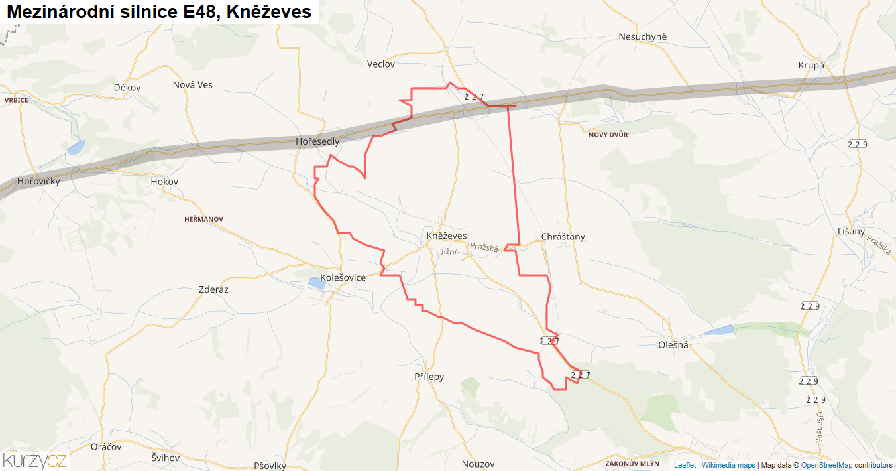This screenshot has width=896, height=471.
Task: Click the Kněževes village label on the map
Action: coord(447,235)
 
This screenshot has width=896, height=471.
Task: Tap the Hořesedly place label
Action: coord(317,141)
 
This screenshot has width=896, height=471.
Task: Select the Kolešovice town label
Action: coord(343,277)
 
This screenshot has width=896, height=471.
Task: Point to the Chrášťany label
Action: coord(563,237)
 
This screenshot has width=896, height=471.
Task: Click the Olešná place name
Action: coord(674,345)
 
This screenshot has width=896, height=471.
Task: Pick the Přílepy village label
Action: coord(429,377)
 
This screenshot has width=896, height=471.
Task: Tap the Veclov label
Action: coord(381,64)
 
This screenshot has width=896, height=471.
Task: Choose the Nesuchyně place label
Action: coord(642,36)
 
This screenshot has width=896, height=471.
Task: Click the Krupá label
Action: coord(811,65)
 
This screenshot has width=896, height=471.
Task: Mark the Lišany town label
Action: coord(852,231)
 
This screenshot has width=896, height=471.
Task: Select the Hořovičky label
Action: coord(38,181)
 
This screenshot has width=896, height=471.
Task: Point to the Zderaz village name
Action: coord(213,289)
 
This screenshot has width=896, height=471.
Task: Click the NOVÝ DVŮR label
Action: coord(608,135)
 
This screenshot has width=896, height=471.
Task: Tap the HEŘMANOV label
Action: coord(204,219)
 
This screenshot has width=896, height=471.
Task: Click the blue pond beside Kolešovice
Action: coord(317,284)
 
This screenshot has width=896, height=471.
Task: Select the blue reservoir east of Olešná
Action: coord(719,330)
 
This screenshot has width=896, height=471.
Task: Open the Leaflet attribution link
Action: coord(685,465)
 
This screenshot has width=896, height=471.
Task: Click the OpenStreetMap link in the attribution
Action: coord(826,465)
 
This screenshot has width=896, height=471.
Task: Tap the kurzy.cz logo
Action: coord(35,460)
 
